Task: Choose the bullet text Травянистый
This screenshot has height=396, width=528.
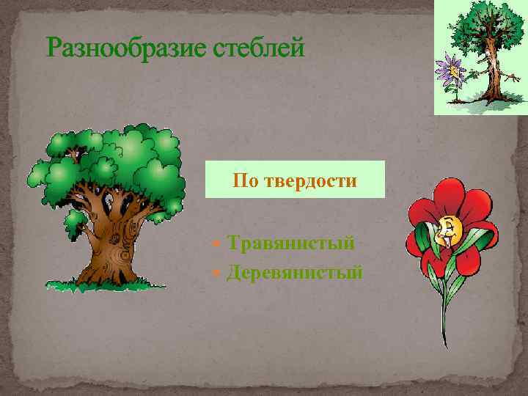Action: [290, 242]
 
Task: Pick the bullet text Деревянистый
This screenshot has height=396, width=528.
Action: [295, 273]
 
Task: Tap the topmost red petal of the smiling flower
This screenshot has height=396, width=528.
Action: [447, 193]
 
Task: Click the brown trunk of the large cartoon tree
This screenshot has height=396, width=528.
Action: [110, 242]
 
